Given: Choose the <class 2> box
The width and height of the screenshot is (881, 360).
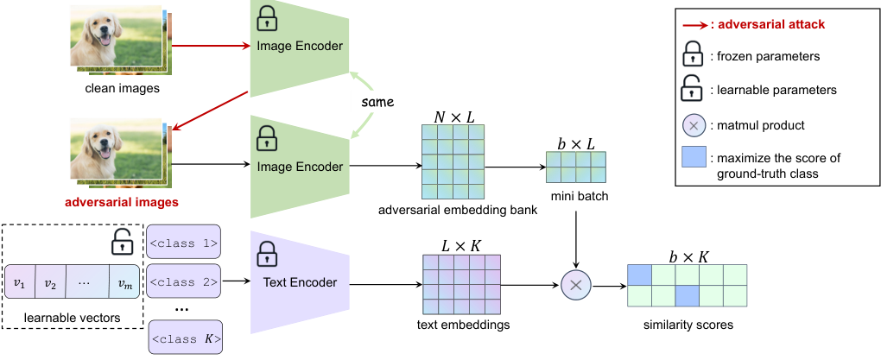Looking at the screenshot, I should pyautogui.click(x=185, y=282).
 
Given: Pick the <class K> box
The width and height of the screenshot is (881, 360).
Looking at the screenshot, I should pyautogui.click(x=185, y=338).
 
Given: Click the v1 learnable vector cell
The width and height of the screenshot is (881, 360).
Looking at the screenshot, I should pyautogui.click(x=19, y=285).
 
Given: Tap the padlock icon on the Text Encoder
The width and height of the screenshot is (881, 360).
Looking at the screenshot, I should pyautogui.click(x=269, y=255).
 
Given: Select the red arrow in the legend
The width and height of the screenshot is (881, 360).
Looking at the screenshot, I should pyautogui.click(x=692, y=25).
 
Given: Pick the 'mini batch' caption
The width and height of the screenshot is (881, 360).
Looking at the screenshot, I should pyautogui.click(x=576, y=196).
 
